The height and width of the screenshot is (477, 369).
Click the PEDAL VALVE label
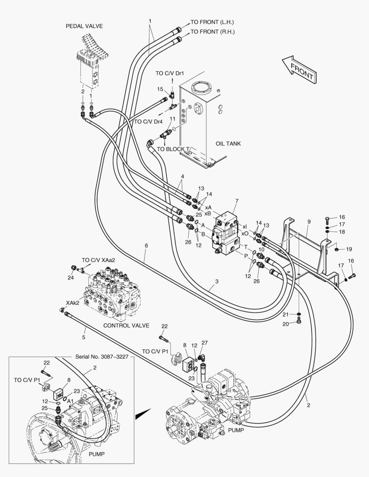pos(84,26)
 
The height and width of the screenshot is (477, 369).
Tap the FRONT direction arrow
pos(299,68)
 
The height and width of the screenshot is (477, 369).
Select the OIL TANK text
pos(228,144)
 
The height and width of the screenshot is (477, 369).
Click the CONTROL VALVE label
pos(126,326)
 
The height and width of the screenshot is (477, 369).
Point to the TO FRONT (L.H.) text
pos(212,22)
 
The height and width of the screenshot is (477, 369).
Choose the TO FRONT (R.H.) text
pos(213,32)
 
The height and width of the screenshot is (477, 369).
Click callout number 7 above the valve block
pos(236,201)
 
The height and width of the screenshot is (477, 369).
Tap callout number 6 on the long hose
pos(146,246)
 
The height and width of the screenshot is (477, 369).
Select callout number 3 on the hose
pos(217,281)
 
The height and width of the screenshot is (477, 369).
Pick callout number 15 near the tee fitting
pos(160,89)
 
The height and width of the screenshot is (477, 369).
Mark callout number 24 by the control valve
pos(70,278)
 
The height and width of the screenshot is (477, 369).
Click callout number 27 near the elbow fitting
pos(204,343)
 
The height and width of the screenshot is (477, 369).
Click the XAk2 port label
pos(72,303)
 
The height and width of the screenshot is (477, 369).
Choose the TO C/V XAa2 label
pos(98,260)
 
